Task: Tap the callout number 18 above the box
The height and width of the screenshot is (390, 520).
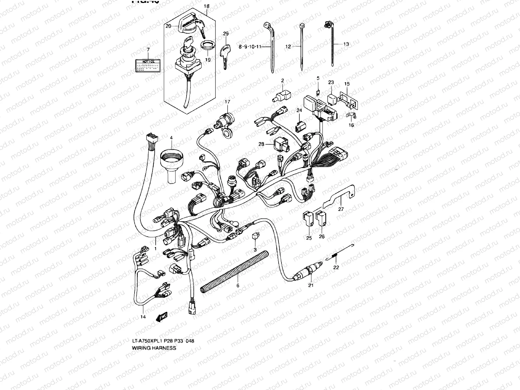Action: tap(207, 6)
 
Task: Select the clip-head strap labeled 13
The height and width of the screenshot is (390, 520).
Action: tap(332, 45)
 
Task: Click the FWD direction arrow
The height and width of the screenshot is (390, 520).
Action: tap(162, 317)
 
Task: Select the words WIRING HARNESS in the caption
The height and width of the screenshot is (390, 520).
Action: tap(154, 348)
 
